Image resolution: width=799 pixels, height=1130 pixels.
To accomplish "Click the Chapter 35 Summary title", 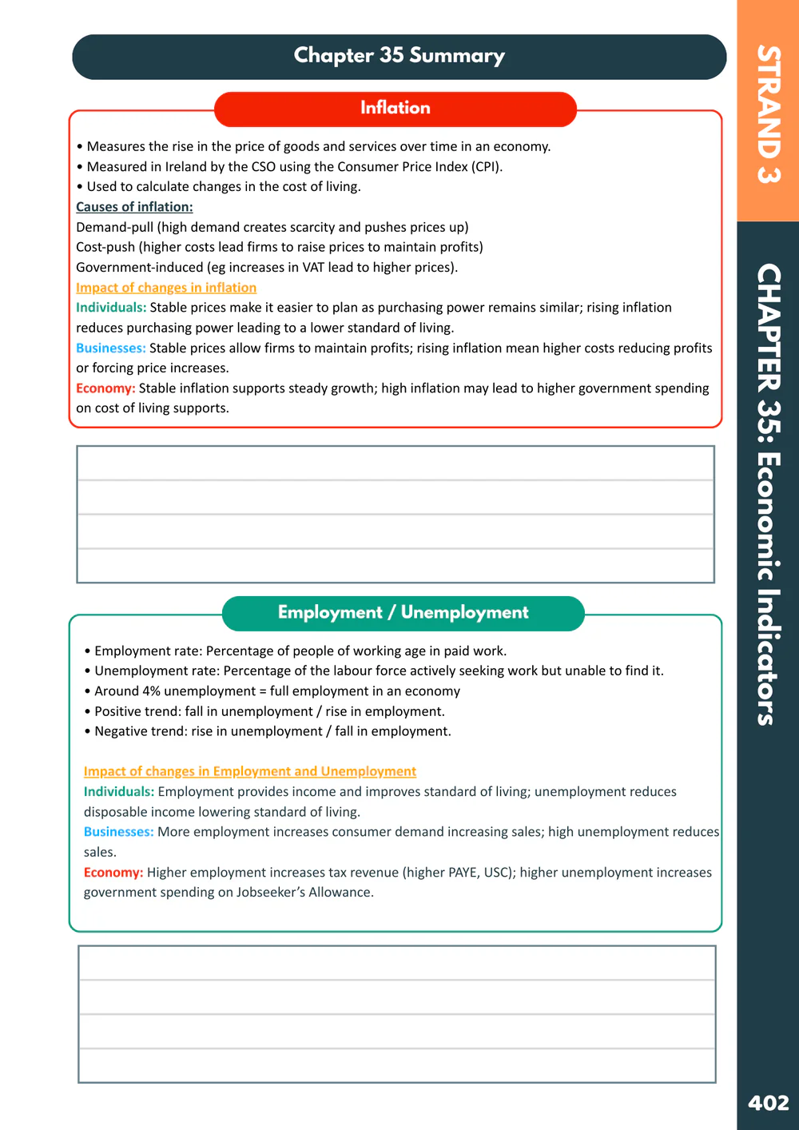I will click(399, 56).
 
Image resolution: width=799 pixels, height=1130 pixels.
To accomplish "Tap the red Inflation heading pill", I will click(395, 108).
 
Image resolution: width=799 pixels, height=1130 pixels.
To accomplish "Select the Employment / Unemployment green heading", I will click(403, 613).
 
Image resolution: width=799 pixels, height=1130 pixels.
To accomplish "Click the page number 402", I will click(768, 1104).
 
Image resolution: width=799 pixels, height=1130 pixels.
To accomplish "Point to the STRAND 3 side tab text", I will click(769, 113).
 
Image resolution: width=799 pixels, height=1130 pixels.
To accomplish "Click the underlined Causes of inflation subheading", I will click(134, 207).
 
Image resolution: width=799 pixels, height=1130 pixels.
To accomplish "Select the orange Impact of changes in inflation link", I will click(166, 288).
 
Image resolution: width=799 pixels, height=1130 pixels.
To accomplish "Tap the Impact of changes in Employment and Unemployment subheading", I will click(250, 771).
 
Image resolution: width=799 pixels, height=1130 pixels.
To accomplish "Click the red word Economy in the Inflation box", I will click(105, 388).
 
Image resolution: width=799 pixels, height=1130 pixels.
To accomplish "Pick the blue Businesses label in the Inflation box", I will click(110, 348).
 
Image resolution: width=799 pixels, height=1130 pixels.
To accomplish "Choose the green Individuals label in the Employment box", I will click(118, 792).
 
